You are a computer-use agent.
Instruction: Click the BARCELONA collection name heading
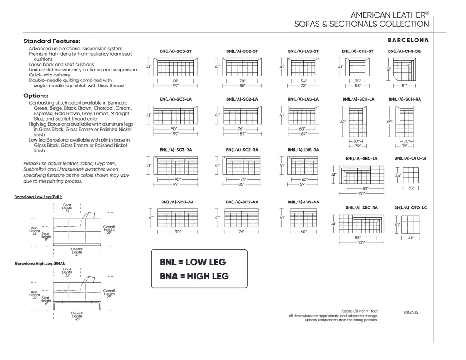coord(408,40)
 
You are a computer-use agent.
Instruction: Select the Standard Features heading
coord(52,41)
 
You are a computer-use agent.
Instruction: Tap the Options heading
coord(36,96)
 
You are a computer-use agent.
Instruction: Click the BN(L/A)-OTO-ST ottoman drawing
coord(410,175)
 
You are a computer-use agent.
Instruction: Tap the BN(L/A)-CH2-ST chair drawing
coord(357,67)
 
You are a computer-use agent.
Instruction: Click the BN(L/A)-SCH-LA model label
coord(359,99)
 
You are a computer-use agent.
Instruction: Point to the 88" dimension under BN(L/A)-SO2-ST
coord(242,85)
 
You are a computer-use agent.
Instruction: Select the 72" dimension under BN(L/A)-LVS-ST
coord(303,85)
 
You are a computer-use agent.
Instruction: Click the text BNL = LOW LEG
coord(193,262)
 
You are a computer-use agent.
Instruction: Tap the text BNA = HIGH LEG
coord(194,276)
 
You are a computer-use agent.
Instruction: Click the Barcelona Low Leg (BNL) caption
coord(39,198)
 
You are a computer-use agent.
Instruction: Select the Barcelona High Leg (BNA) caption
coord(40,263)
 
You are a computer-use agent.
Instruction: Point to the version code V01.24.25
coord(411,313)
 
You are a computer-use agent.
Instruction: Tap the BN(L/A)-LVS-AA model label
coord(303,202)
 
